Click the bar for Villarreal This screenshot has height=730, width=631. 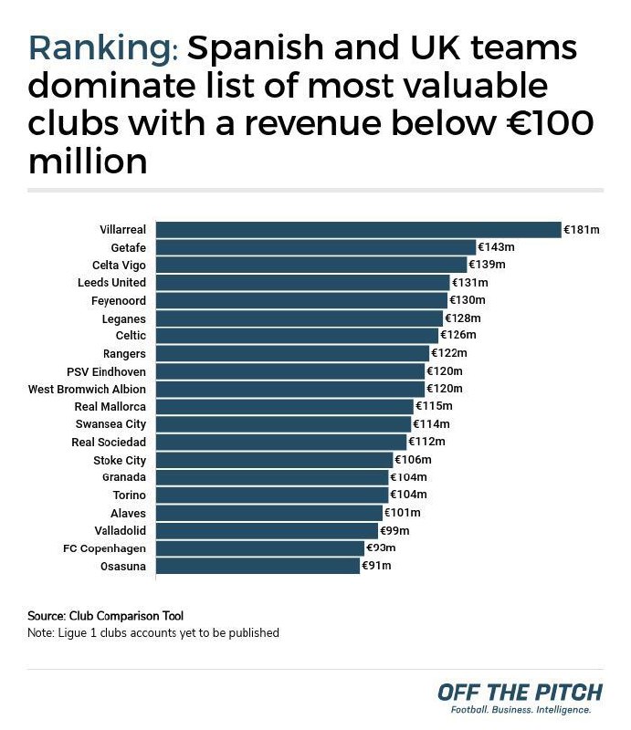click(358, 230)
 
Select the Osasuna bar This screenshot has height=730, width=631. click(258, 566)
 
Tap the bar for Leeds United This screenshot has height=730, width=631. click(303, 283)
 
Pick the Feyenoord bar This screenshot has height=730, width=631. click(301, 300)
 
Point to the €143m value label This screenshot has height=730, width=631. click(497, 247)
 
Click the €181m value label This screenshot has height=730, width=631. click(581, 230)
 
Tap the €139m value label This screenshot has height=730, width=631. click(487, 265)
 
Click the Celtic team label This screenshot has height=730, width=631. click(131, 336)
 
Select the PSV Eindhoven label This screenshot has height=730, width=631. click(106, 371)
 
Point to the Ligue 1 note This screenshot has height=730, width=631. click(153, 632)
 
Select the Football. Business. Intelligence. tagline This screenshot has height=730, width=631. click(516, 710)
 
